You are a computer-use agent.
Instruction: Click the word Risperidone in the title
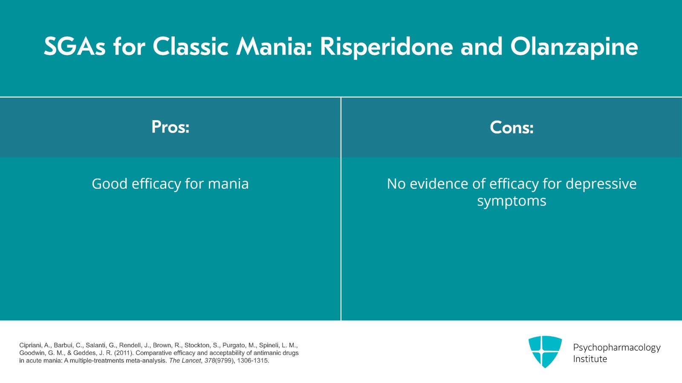pos(386,46)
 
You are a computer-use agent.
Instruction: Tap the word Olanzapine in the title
pos(574,46)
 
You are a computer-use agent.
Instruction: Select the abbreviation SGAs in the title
pos(74,46)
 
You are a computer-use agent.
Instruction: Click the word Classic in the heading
pos(191,46)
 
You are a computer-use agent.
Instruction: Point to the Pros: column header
pos(170,127)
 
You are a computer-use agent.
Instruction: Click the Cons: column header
pos(511,127)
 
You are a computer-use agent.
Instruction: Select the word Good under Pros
pos(110,184)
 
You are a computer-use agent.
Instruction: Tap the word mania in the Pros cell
pos(228,184)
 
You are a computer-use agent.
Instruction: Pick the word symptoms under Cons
pos(511,201)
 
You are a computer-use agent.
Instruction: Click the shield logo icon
pos(545,351)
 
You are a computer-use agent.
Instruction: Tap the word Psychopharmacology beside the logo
pos(616,347)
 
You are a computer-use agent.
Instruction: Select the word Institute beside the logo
pos(590,359)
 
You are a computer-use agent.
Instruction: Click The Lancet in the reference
pos(185,360)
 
